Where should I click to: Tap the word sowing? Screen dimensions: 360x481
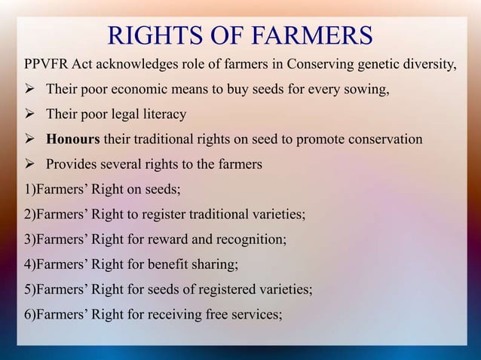367,91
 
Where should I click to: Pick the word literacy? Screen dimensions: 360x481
160,115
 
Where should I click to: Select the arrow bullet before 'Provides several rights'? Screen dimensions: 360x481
31,164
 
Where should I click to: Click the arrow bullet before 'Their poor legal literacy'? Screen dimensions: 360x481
31,115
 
